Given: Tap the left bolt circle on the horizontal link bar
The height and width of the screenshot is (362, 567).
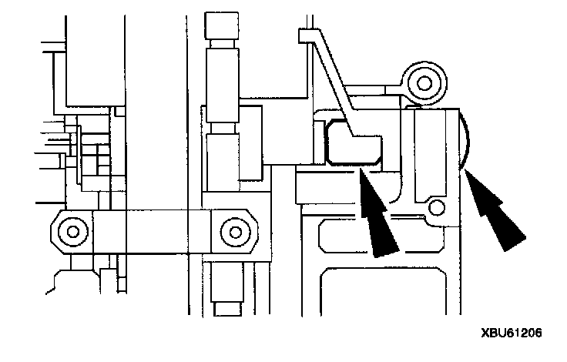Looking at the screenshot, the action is point(72,230).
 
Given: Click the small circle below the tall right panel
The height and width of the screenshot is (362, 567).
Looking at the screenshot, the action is point(437,207).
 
